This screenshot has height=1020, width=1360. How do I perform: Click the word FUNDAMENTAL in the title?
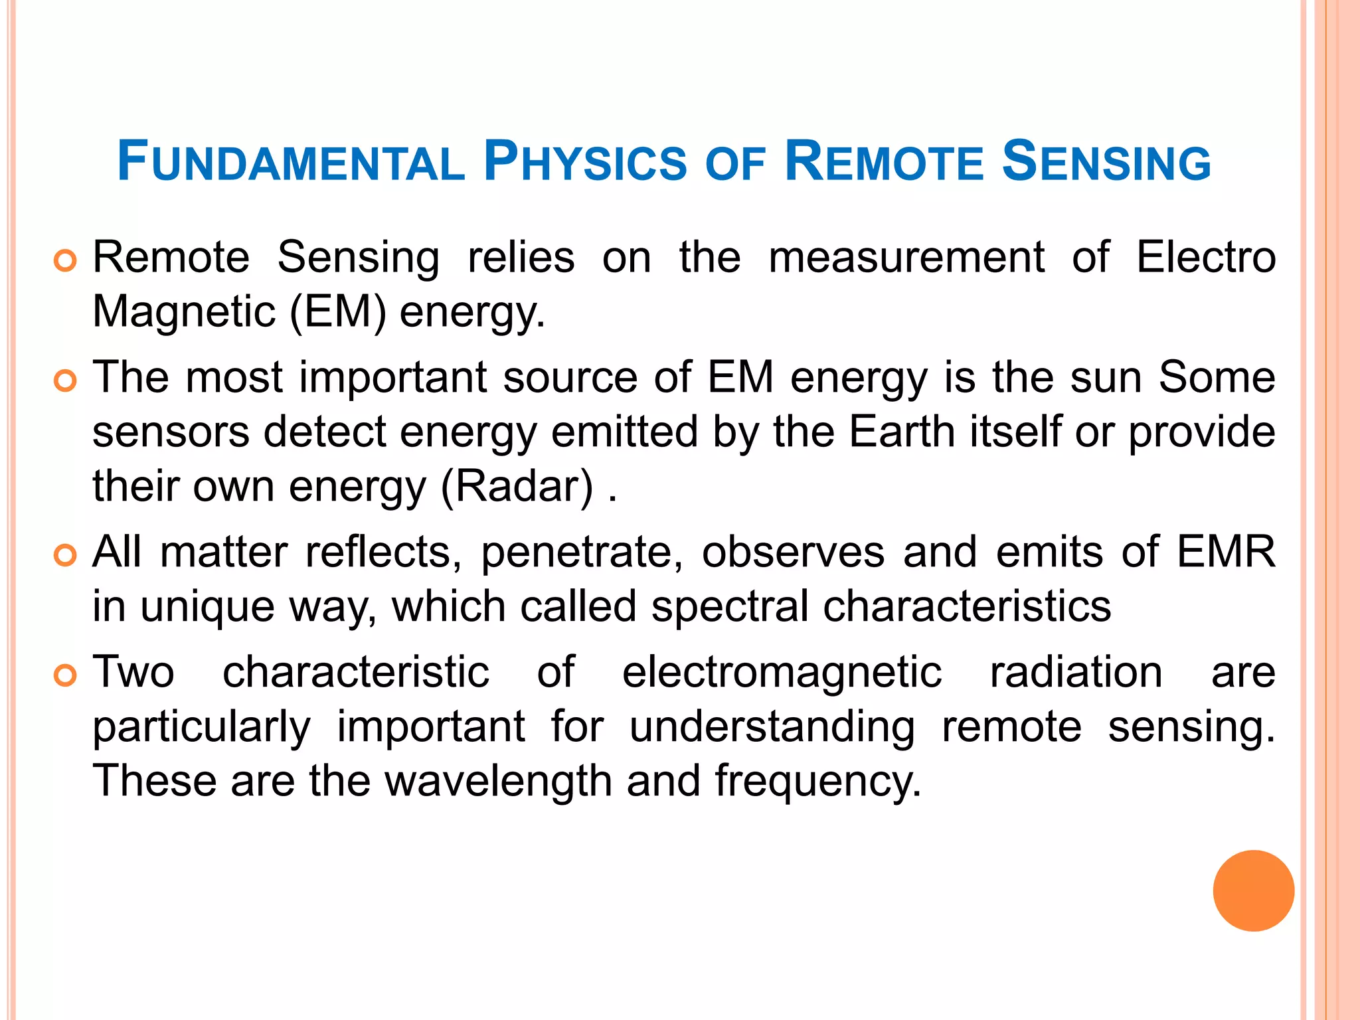pyautogui.click(x=290, y=162)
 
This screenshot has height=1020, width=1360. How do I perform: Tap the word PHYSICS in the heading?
pyautogui.click(x=584, y=162)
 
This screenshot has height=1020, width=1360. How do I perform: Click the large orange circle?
pyautogui.click(x=1253, y=891)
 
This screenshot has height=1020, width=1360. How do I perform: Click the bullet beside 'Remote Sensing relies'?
pyautogui.click(x=65, y=261)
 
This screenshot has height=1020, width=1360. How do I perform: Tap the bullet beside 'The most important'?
pyautogui.click(x=65, y=381)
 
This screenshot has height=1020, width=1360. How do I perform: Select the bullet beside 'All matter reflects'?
pyautogui.click(x=65, y=555)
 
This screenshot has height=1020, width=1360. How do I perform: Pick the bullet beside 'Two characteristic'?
pyautogui.click(x=65, y=676)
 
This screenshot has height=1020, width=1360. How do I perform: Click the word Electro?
pyautogui.click(x=1205, y=257)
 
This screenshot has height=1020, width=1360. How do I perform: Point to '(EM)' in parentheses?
pyautogui.click(x=337, y=312)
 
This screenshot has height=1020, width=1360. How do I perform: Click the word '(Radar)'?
pyautogui.click(x=517, y=487)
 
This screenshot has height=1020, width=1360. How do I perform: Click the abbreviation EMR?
pyautogui.click(x=1226, y=551)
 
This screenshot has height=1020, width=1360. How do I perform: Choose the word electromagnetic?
pyautogui.click(x=782, y=672)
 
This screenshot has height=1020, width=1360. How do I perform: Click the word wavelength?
pyautogui.click(x=498, y=781)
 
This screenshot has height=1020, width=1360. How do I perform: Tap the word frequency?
pyautogui.click(x=818, y=781)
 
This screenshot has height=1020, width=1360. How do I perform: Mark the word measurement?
pyautogui.click(x=906, y=257)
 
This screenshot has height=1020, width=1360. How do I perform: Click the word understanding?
pyautogui.click(x=772, y=727)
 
